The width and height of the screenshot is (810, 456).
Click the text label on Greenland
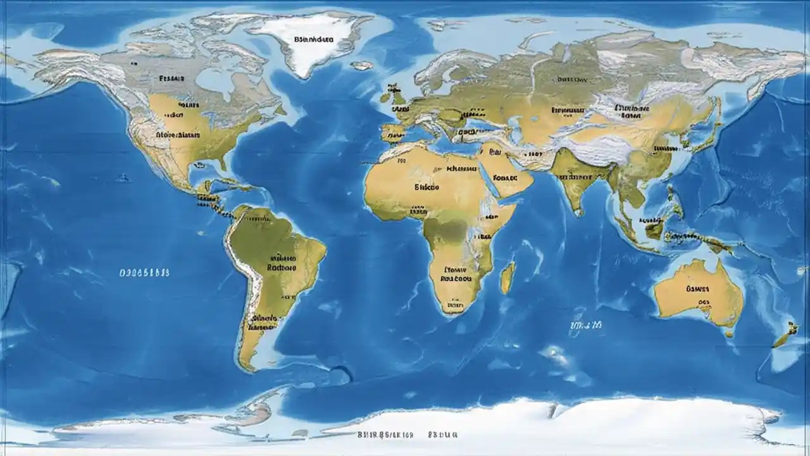point(315,39)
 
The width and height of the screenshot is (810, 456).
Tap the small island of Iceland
point(362,65)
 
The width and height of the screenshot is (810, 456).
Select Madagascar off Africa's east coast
point(508,279)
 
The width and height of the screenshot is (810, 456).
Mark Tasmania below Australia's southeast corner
point(729,332)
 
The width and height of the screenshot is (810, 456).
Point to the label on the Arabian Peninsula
point(504,178)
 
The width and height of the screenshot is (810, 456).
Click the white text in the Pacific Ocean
point(144,272)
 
